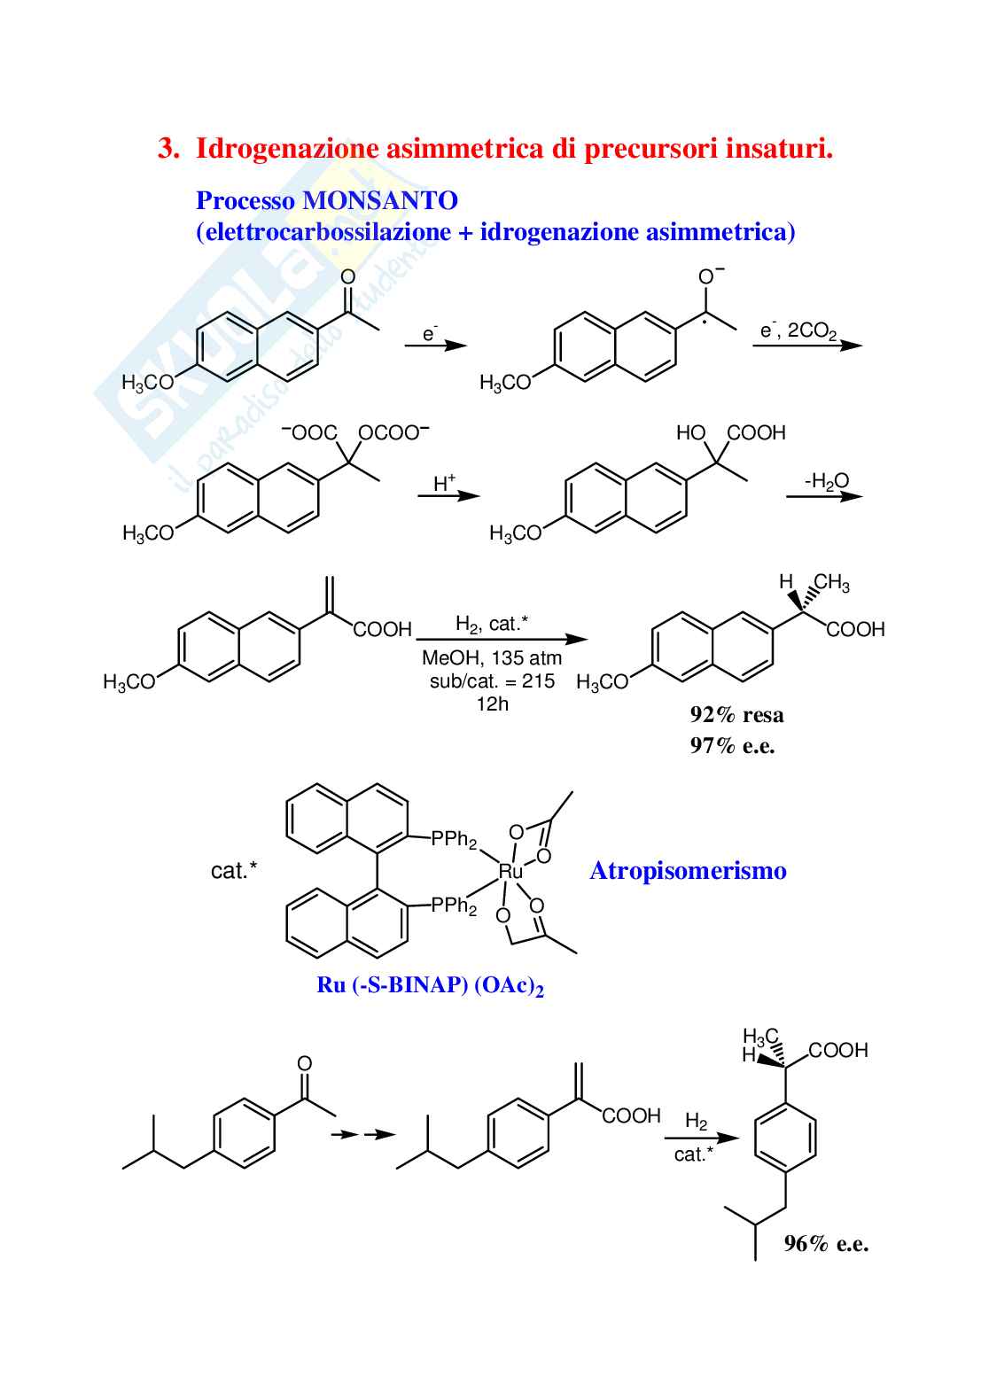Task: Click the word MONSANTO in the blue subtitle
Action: [x=380, y=201]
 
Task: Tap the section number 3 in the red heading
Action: [x=167, y=149]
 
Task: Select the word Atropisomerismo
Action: [x=688, y=871]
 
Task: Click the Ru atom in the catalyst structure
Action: [x=510, y=872]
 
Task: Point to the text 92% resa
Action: [x=736, y=715]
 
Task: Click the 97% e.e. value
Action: [x=732, y=746]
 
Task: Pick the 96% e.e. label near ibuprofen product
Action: [x=826, y=1244]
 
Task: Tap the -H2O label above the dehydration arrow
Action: [x=826, y=481]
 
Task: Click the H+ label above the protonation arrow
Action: [x=444, y=484]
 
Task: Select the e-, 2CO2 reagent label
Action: [x=798, y=330]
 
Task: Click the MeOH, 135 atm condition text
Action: [x=492, y=658]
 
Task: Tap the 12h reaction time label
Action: [x=492, y=704]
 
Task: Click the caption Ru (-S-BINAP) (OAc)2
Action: [x=430, y=985]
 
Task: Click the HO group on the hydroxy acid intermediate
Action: [x=690, y=432]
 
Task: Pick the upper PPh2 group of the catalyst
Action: [x=454, y=839]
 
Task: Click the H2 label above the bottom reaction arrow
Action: [x=696, y=1122]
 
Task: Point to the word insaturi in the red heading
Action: [x=779, y=149]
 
